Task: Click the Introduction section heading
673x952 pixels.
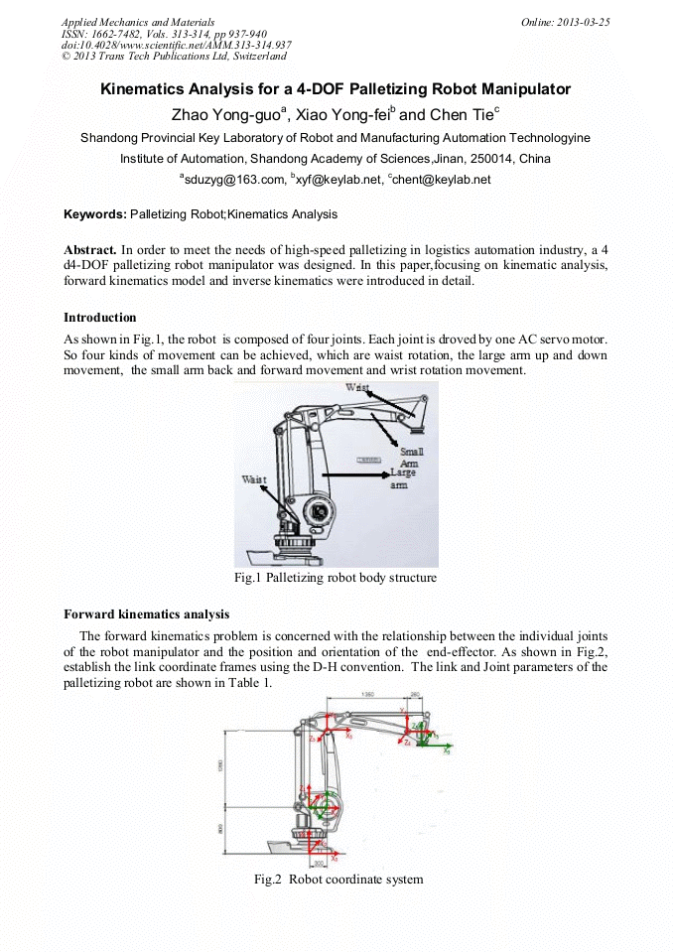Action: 99,318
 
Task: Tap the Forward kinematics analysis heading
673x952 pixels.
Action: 146,613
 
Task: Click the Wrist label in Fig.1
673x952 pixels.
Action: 359,387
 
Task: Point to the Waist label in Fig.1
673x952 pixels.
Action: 254,479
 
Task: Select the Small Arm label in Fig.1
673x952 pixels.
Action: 411,458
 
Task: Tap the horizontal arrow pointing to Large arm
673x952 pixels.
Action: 352,476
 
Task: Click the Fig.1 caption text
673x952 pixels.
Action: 336,577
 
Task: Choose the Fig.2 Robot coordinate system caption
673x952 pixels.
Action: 337,879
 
